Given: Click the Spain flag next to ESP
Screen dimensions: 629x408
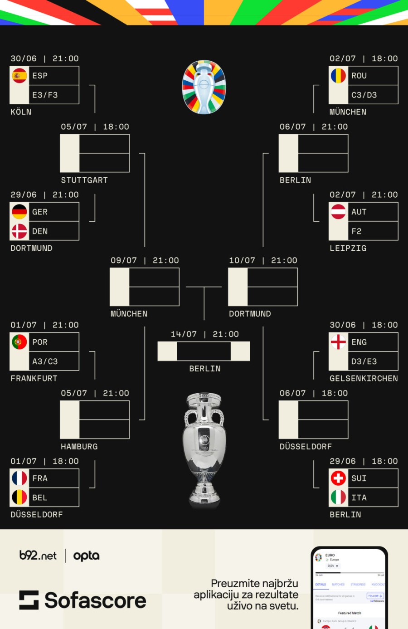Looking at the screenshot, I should pyautogui.click(x=19, y=76).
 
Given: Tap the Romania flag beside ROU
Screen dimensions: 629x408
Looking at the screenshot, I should pyautogui.click(x=338, y=76).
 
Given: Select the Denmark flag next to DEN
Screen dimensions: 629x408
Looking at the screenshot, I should pyautogui.click(x=19, y=231).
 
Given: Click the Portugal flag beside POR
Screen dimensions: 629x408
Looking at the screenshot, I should pyautogui.click(x=19, y=342).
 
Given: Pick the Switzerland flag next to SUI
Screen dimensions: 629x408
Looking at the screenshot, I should pyautogui.click(x=338, y=478).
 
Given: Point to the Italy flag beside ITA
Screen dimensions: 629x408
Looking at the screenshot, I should pyautogui.click(x=338, y=497).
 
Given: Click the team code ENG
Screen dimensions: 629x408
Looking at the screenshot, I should pyautogui.click(x=359, y=342).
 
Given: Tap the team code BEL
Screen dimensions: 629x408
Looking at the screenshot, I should pyautogui.click(x=40, y=497).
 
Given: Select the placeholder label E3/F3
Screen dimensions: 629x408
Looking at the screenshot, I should pyautogui.click(x=45, y=95).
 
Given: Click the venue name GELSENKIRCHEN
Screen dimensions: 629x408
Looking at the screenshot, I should pyautogui.click(x=364, y=378).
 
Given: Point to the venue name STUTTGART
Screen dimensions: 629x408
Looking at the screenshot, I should pyautogui.click(x=84, y=180).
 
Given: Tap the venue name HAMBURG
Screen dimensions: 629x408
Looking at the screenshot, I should pyautogui.click(x=79, y=447).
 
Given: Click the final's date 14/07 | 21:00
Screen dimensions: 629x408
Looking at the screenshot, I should pyautogui.click(x=204, y=334).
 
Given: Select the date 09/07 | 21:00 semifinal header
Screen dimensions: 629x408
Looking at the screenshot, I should pyautogui.click(x=145, y=260).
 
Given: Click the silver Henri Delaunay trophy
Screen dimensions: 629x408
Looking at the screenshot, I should pyautogui.click(x=204, y=449).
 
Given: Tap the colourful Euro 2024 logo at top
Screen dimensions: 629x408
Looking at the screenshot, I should pyautogui.click(x=204, y=87).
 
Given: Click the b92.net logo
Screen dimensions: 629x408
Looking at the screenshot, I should pyautogui.click(x=38, y=556).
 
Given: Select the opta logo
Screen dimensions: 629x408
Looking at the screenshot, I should pyautogui.click(x=86, y=556).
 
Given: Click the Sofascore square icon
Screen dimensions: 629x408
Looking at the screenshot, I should pyautogui.click(x=29, y=600).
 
